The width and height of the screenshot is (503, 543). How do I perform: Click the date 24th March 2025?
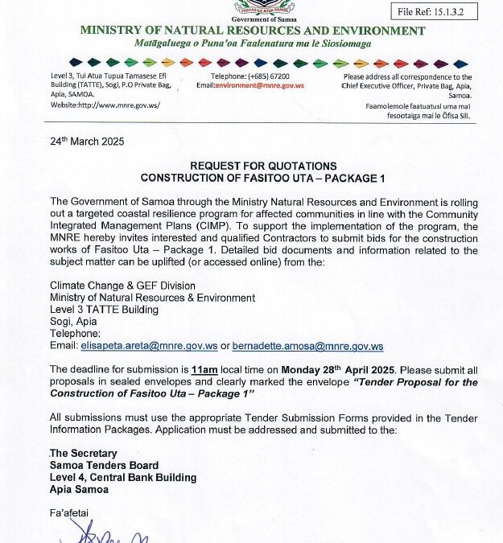coord(87,140)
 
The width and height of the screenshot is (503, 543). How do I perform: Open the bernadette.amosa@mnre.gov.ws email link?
coord(307,347)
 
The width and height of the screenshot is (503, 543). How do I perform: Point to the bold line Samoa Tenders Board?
coord(104,466)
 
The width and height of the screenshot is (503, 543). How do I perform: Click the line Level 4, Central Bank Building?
coord(123,477)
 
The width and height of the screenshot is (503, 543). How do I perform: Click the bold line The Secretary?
coord(84,454)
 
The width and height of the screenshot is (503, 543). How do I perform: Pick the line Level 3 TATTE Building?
coord(104,309)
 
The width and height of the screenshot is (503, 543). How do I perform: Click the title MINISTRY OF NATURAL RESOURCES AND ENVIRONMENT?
coord(252,31)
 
